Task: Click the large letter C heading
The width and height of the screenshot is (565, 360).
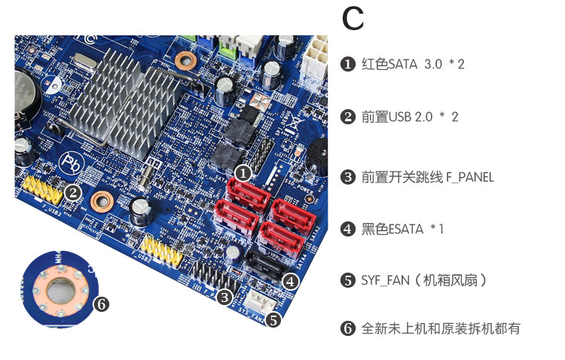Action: (353, 20)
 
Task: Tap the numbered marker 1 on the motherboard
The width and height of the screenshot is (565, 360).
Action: (243, 172)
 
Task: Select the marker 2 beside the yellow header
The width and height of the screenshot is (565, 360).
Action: (73, 192)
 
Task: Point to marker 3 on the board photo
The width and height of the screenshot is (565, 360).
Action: (224, 297)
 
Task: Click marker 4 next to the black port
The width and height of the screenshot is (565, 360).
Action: (291, 282)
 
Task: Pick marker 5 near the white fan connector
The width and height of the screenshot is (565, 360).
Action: (273, 319)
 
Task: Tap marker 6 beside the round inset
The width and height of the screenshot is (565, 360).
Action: (102, 304)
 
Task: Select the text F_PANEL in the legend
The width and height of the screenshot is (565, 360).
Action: (470, 177)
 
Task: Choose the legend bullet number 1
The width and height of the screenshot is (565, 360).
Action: (348, 64)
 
